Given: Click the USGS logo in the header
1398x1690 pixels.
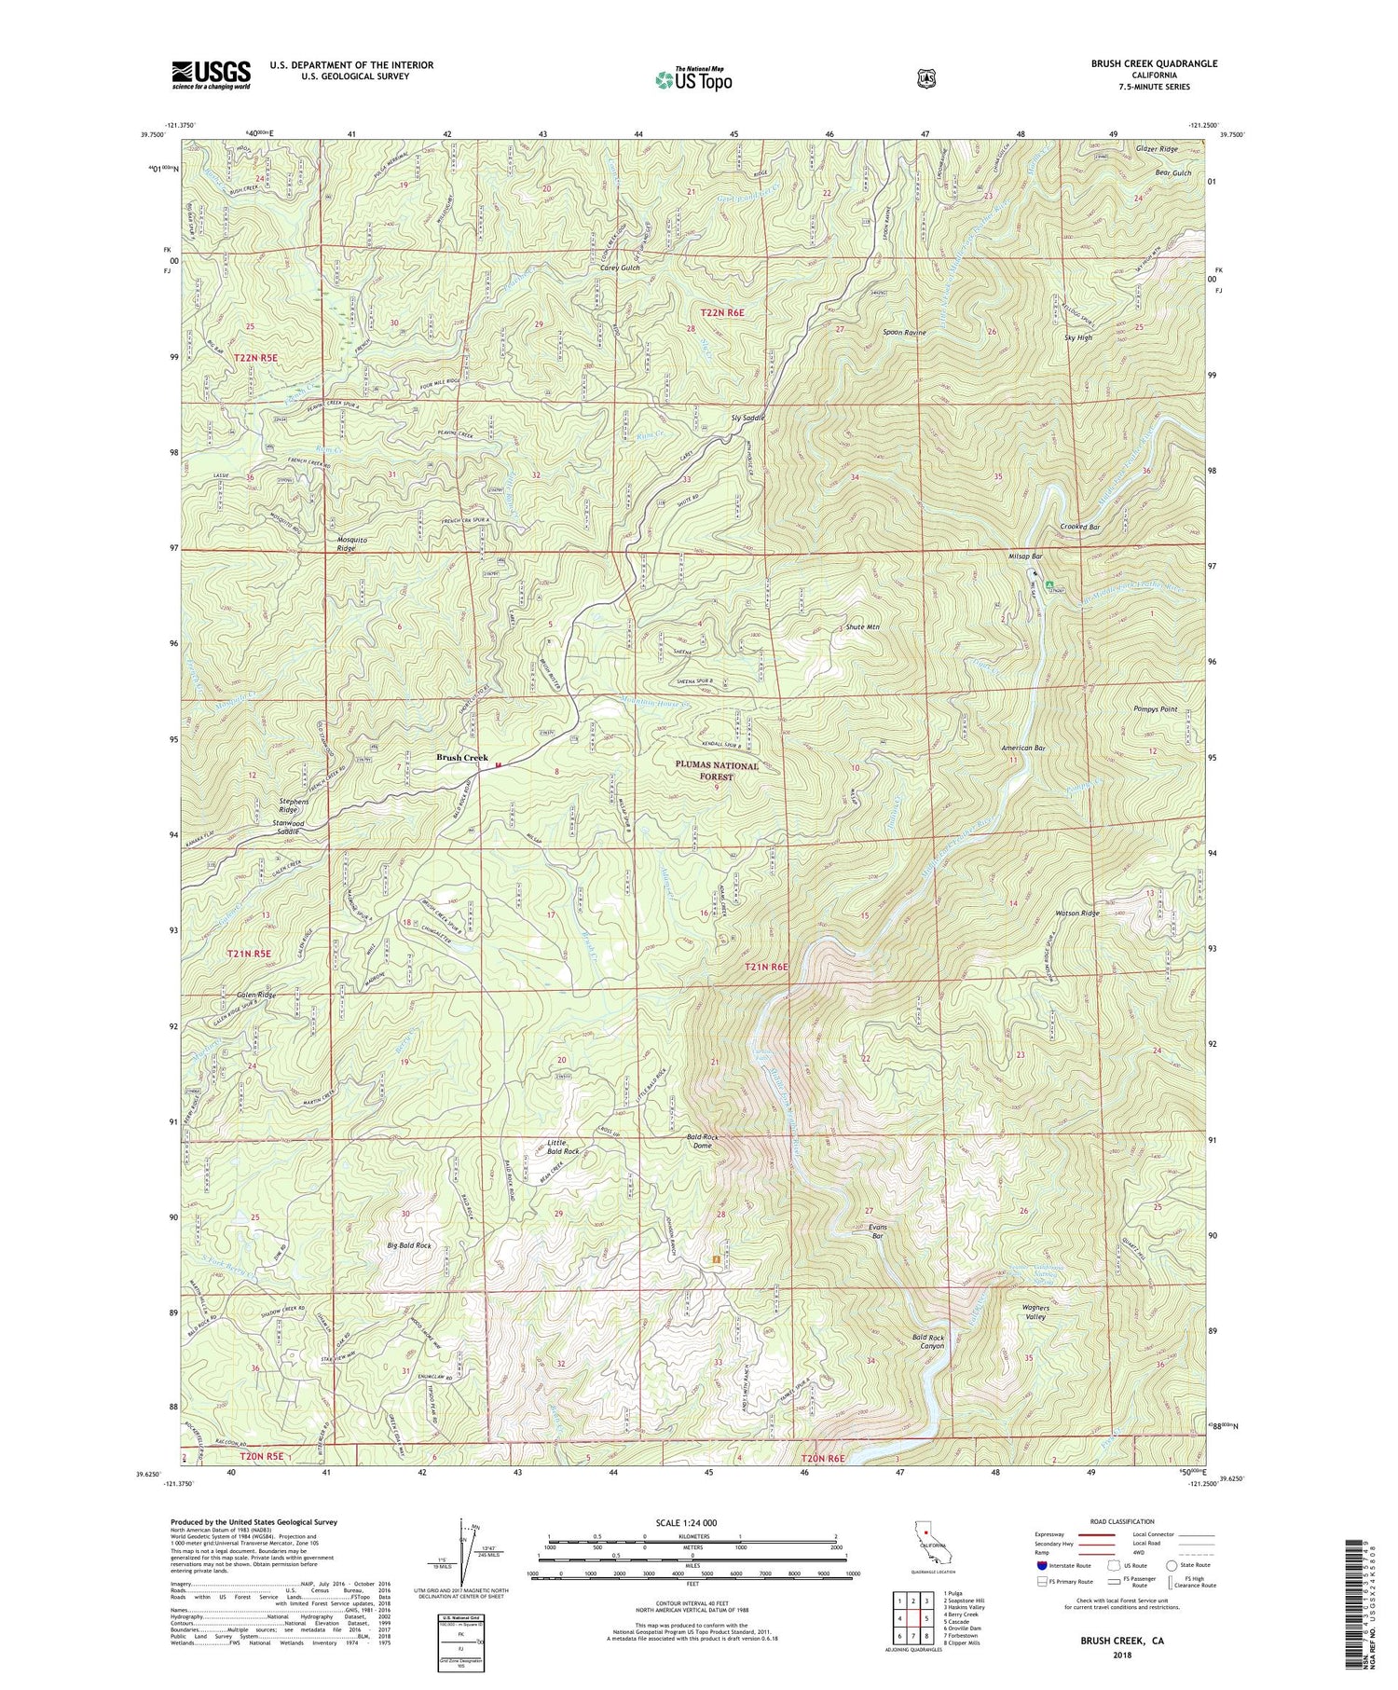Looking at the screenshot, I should coord(211,75).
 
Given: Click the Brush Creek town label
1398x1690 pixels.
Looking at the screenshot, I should coord(462,757).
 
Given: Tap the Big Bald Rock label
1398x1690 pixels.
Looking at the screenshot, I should coord(409,1244).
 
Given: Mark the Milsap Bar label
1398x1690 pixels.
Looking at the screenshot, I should coord(1025,556).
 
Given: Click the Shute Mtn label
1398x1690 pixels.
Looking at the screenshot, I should coord(863,626).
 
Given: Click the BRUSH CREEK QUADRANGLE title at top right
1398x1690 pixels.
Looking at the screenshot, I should coord(1154,63).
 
